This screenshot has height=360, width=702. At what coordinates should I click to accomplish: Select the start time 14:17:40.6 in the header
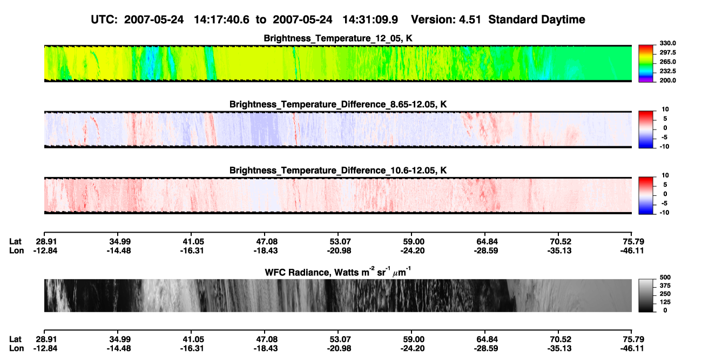point(221,20)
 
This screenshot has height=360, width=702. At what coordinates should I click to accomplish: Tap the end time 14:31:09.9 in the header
point(370,20)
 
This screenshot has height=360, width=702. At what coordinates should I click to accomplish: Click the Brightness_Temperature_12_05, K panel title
point(338,38)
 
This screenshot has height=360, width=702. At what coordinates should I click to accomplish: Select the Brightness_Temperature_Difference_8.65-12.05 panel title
point(338,104)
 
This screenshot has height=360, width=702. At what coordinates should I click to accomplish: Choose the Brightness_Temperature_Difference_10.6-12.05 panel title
point(338,171)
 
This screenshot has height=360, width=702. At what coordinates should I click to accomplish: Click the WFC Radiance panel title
point(338,272)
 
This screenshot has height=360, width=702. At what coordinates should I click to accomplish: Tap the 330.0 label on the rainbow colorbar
point(667,43)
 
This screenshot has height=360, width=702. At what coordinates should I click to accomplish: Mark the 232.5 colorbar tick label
point(667,71)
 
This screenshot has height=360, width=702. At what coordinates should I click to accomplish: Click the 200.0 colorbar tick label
point(667,80)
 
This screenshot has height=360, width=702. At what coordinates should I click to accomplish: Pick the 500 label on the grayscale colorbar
point(665,277)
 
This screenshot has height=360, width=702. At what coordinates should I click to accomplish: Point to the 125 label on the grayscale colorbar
point(665,302)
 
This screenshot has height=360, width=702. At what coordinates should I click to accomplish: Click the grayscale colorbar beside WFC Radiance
point(646,295)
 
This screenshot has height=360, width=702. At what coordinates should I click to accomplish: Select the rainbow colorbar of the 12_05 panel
point(646,64)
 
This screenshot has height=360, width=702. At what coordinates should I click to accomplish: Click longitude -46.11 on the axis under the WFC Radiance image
point(632,349)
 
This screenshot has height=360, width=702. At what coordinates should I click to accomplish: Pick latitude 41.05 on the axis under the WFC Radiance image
point(193,339)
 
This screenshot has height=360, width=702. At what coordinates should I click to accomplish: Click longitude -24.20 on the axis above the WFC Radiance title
point(413,250)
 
